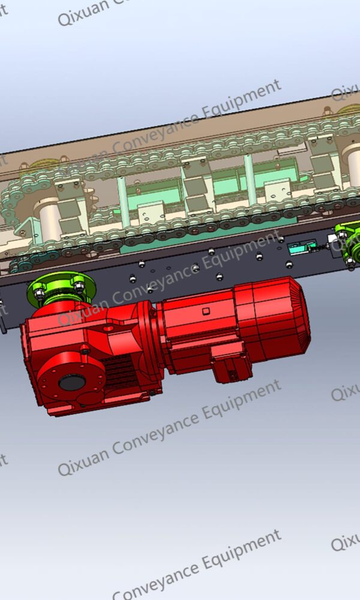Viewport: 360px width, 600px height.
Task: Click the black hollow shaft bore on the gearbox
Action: (x=72, y=382)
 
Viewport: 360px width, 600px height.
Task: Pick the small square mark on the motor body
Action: (x=206, y=311)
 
